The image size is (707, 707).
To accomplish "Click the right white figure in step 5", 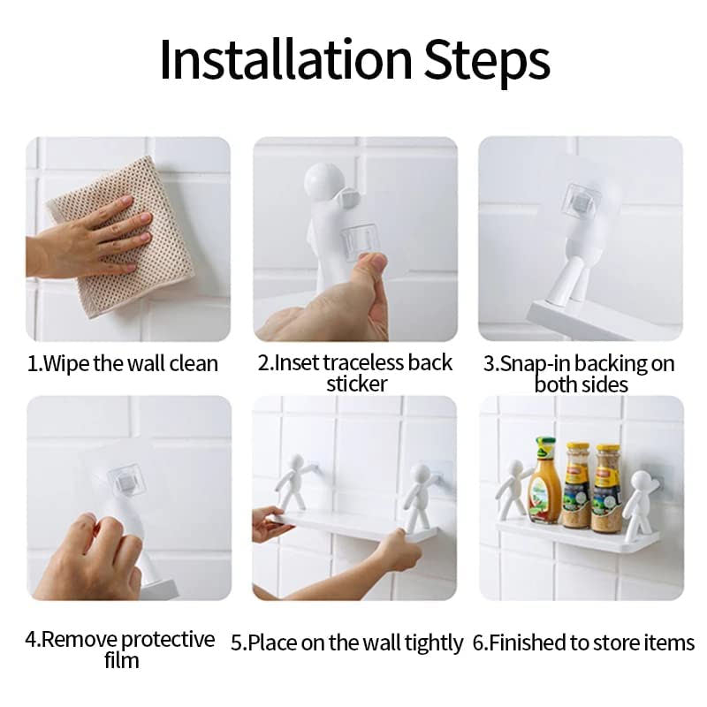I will (418, 495).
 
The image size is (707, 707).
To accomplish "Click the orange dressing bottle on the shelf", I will (544, 482).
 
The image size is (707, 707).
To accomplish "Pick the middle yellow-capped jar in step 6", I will (576, 486).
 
